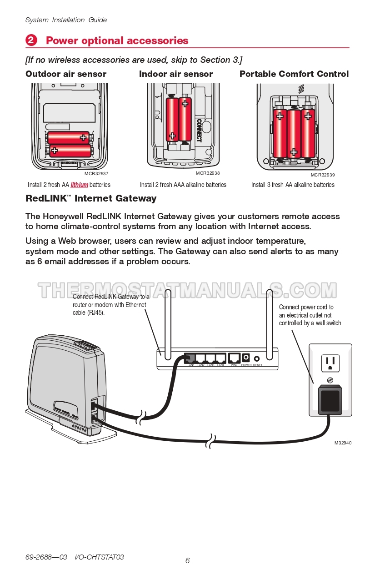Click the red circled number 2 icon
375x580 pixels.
31,40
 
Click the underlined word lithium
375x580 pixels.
79,185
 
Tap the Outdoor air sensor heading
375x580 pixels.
66,74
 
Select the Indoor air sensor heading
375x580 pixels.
175,74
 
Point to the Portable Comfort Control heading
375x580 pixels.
294,74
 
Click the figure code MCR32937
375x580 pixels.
96,174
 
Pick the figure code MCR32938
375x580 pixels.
208,173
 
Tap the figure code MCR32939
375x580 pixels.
323,175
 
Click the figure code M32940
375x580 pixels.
343,443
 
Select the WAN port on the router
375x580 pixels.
234,358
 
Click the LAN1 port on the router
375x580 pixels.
191,358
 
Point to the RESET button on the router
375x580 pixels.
257,359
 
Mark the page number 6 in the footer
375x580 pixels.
187,560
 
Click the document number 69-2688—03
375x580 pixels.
46,557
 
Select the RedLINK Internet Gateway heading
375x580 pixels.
91,198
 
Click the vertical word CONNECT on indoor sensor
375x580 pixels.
199,130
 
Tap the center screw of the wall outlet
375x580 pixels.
330,380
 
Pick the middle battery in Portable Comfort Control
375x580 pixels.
294,133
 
